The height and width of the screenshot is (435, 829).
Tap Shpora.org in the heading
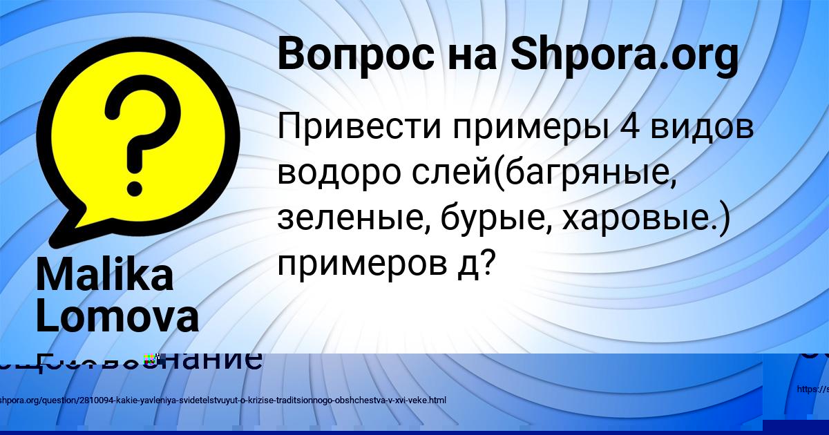click(624, 55)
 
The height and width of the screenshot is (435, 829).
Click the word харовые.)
click(647, 219)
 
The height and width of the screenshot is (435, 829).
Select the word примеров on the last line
click(363, 264)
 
